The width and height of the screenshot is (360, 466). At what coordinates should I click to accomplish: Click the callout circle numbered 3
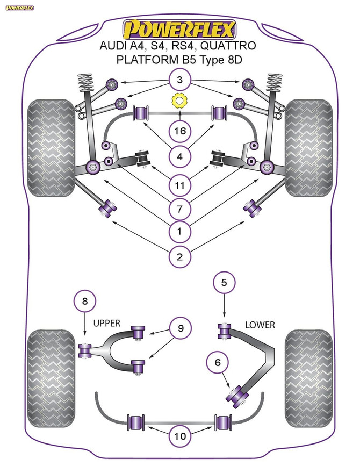(179, 82)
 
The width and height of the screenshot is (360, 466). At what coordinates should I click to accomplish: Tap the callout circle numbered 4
(179, 157)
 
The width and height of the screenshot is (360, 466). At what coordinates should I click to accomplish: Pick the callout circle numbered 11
(179, 186)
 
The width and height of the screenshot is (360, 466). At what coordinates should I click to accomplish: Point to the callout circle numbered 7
(179, 208)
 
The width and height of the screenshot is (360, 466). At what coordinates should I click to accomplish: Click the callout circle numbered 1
(179, 232)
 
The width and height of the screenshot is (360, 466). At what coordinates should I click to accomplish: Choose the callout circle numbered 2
(179, 257)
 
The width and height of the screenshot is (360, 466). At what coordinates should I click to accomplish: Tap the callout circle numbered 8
(84, 302)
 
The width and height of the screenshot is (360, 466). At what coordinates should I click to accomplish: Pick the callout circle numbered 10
(179, 437)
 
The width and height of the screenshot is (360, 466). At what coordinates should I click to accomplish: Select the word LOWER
(260, 325)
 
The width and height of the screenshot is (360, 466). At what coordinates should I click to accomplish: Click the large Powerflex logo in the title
(179, 28)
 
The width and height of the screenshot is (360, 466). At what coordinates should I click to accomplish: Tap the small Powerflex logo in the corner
(19, 8)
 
